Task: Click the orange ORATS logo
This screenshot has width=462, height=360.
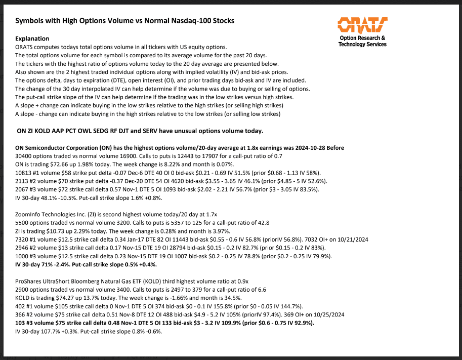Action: pos(362,24)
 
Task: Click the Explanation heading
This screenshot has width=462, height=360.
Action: pos(32,38)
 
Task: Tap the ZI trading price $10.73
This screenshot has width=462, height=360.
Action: pos(65,231)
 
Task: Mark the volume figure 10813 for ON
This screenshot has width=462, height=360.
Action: pos(25,173)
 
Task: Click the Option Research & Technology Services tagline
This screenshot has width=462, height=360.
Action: pos(362,41)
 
